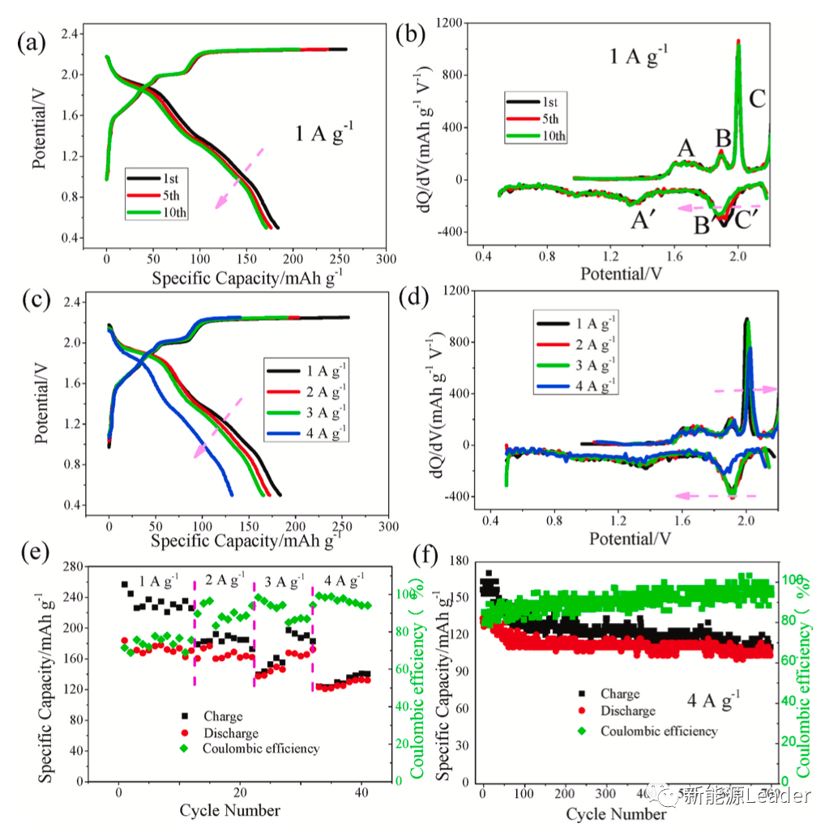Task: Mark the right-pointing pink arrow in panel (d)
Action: pyautogui.click(x=746, y=390)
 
